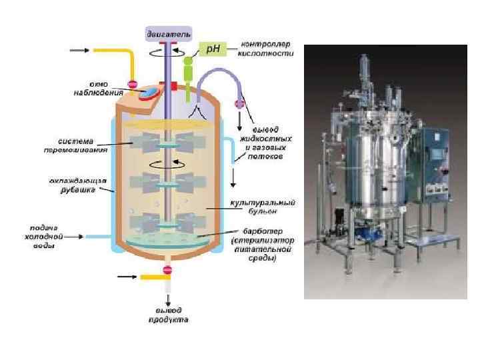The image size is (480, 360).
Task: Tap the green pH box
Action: click(212, 48)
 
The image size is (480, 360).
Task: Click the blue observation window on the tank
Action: click(152, 91)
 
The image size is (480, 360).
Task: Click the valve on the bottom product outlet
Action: click(167, 270)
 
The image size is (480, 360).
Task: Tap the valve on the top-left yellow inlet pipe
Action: click(132, 85)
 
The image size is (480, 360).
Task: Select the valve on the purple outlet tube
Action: click(237, 103)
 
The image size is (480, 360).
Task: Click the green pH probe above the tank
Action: click(188, 73)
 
